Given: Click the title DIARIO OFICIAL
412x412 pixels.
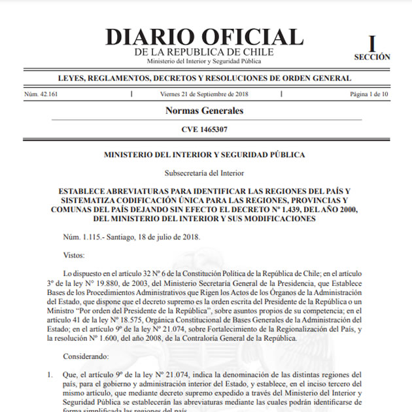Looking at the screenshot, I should click(204, 37).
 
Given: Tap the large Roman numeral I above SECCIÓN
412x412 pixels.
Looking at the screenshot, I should click(372, 44).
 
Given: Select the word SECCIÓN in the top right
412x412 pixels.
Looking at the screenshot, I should click(372, 57).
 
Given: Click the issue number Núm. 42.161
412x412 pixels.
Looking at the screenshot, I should click(41, 94).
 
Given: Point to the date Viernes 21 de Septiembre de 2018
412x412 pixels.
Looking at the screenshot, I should click(204, 94).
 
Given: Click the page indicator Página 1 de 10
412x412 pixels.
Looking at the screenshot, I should click(369, 94).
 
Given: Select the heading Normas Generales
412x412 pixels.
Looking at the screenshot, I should click(204, 111).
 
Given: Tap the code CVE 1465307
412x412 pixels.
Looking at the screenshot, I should click(204, 129).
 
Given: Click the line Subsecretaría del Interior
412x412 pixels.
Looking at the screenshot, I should click(204, 173).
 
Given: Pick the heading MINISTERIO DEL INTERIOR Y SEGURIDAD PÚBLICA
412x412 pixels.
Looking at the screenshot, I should click(204, 155).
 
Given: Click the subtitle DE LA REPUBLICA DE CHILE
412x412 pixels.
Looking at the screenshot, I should click(204, 52).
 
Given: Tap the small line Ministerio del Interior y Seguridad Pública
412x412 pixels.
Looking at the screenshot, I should click(204, 61).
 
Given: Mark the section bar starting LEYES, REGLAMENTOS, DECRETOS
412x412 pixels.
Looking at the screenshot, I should click(204, 78).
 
